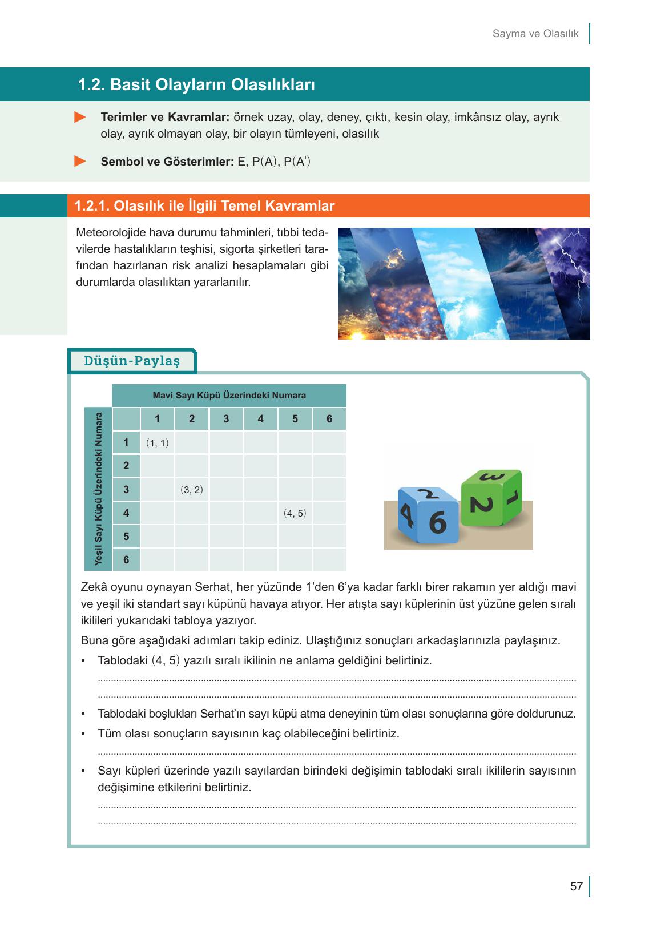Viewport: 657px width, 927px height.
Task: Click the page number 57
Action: click(576, 886)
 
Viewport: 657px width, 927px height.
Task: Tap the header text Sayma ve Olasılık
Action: click(535, 34)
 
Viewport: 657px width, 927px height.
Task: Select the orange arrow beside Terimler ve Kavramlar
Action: click(80, 118)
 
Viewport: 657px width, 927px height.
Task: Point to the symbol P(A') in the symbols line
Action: click(297, 162)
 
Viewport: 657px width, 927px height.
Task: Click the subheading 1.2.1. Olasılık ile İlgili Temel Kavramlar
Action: click(204, 206)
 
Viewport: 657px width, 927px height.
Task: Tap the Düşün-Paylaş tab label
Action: click(132, 361)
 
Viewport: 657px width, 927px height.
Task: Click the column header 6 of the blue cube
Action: click(329, 419)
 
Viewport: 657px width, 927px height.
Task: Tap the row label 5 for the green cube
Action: click(126, 536)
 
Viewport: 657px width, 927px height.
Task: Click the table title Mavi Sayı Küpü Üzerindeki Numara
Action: click(229, 395)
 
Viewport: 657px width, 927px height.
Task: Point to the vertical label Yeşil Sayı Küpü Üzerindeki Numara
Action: click(98, 489)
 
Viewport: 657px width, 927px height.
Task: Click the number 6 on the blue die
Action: click(437, 522)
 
